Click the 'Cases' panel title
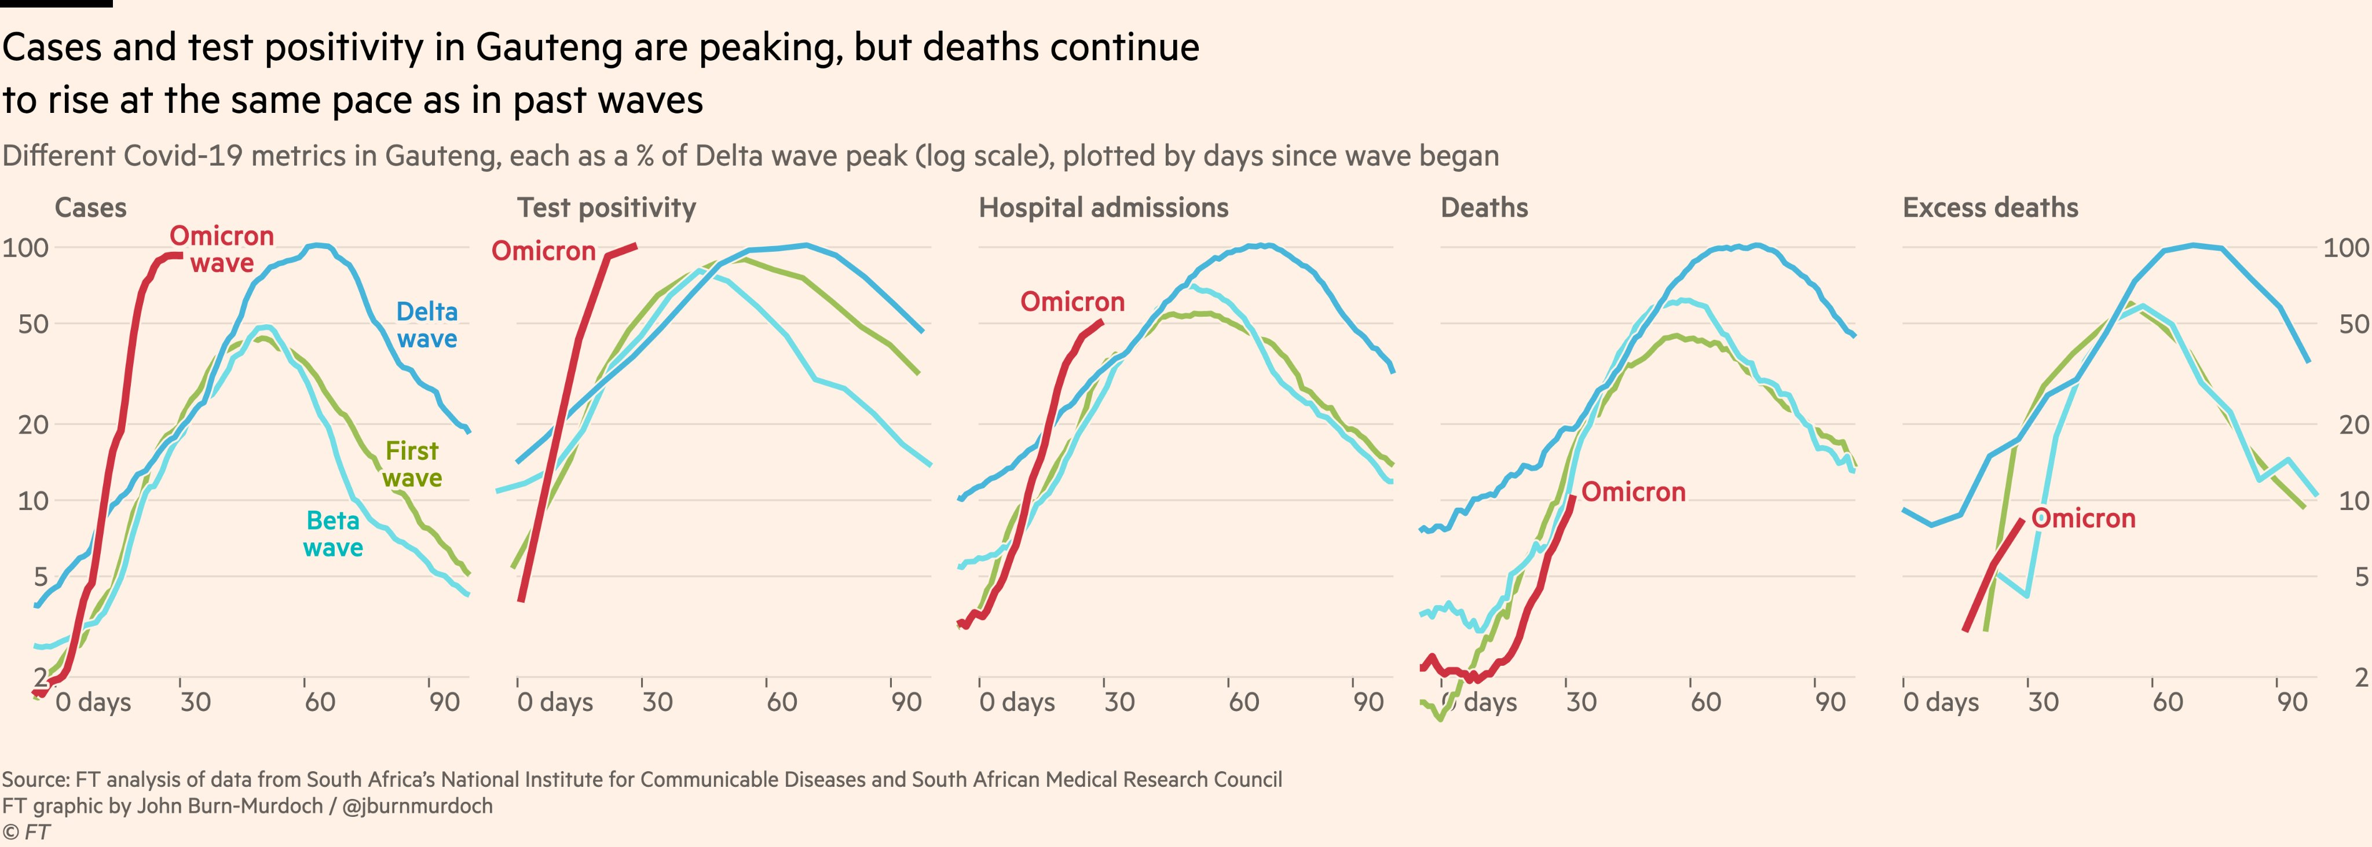90,208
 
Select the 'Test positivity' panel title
606,208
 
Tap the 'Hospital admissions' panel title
1103,208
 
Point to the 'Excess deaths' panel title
1990,208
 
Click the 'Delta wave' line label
426,325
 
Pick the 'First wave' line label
412,464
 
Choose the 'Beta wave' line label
332,534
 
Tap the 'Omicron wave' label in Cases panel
221,250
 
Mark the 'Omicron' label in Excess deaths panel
2083,519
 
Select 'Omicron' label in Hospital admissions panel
1072,302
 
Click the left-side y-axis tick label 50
33,324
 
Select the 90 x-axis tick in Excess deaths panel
2292,702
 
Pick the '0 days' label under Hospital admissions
1016,702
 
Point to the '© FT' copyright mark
26,833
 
